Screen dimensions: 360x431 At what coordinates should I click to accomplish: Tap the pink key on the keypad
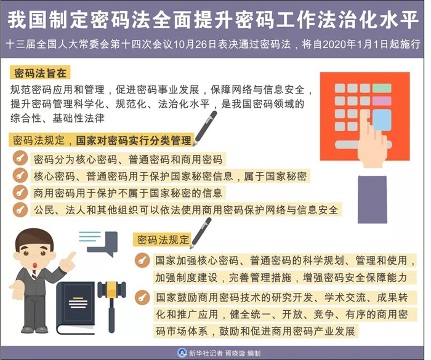382,86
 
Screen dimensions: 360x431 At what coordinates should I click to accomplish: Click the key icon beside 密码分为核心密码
21,158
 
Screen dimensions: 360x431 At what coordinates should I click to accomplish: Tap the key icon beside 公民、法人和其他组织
21,210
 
